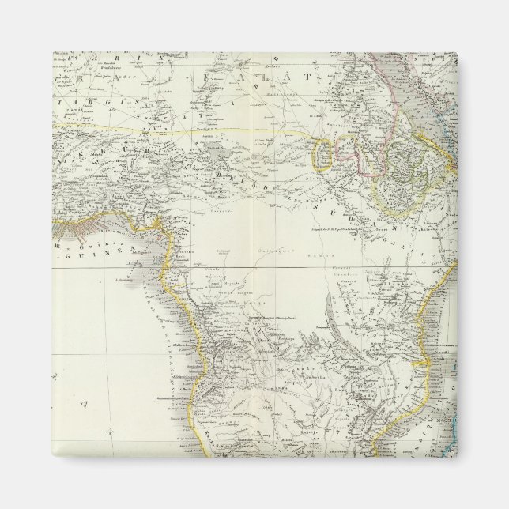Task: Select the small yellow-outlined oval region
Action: pyautogui.click(x=323, y=154)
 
